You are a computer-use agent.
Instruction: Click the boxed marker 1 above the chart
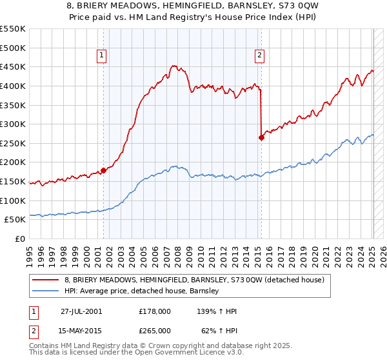coord(103,56)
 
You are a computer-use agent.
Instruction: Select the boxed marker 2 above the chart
coord(259,56)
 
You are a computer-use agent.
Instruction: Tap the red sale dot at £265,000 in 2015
coord(261,137)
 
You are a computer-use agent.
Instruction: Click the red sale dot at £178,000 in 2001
coord(104,171)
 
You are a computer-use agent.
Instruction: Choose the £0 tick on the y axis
coord(20,239)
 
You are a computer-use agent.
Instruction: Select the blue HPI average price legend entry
coord(142,291)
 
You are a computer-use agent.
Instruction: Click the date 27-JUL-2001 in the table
coord(81,311)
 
